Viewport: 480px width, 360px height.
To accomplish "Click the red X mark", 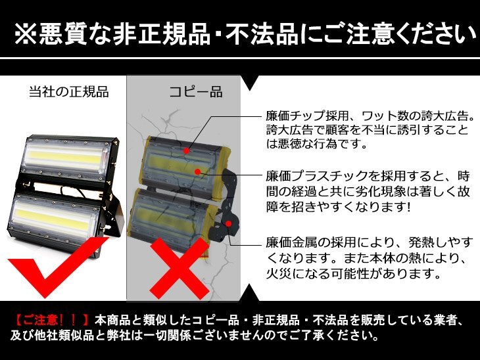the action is coord(179,268).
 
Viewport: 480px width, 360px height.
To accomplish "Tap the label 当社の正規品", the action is coord(69,92).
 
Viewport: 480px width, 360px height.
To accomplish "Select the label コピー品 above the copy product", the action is coord(196,92).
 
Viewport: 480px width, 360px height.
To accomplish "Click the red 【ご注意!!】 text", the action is coord(51,320).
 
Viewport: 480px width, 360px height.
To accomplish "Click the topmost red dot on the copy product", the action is coord(186,150).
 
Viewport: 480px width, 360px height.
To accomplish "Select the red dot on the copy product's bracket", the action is coord(228,223).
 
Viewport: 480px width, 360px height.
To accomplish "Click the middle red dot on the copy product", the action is coord(198,171).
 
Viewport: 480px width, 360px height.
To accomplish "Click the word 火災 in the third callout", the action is coord(279,273).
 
